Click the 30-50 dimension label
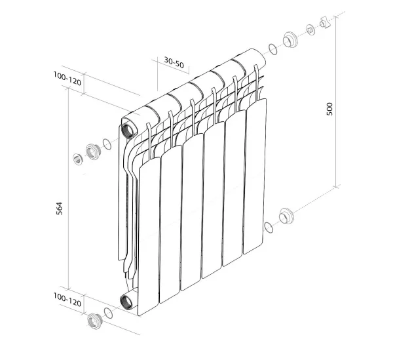tap(174, 62)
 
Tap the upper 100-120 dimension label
tap(67, 81)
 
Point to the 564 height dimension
tap(60, 208)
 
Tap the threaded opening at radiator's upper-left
tap(128, 127)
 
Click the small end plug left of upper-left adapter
tap(77, 159)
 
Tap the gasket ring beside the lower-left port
tap(108, 313)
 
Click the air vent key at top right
tap(324, 25)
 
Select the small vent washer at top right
tap(310, 30)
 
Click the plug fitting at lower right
tap(286, 216)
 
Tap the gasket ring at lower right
tap(268, 227)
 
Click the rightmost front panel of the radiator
tap(255, 177)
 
